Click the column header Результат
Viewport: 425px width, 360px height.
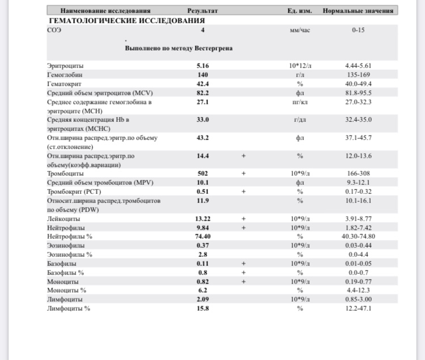[x=202, y=11]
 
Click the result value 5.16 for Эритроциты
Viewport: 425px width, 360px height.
[x=203, y=66]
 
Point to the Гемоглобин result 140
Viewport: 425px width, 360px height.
[x=203, y=74]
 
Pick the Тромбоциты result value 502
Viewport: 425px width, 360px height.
[x=203, y=173]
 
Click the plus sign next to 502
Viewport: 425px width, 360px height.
[x=243, y=173]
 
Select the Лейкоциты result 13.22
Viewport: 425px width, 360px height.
[x=203, y=218]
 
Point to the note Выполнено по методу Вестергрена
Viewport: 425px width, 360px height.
[x=178, y=49]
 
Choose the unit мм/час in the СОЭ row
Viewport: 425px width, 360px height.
[x=300, y=29]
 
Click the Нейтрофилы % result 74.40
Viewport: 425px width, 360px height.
[x=203, y=236]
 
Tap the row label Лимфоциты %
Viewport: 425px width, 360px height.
[x=69, y=308]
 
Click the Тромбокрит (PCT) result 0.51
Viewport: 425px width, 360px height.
[x=203, y=191]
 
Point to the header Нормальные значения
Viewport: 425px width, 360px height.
[x=359, y=11]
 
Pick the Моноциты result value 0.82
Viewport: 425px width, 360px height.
[x=203, y=281]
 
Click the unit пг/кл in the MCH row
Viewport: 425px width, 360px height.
[x=300, y=102]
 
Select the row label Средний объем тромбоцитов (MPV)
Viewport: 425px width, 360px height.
[x=100, y=182]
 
